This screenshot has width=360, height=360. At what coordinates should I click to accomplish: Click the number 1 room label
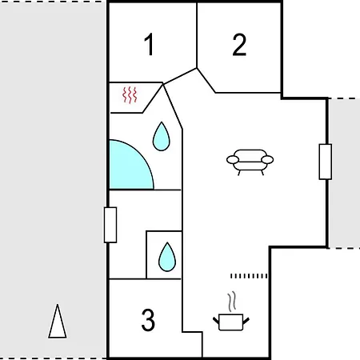coord(150,44)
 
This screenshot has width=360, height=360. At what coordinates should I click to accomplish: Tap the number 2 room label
coord(239,45)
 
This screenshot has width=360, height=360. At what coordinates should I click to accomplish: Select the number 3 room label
coord(148,320)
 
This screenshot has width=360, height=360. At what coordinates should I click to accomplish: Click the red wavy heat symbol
coord(130,94)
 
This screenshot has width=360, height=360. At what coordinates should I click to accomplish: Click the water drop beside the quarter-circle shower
coord(161,136)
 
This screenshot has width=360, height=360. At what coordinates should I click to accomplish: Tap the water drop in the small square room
coord(167,257)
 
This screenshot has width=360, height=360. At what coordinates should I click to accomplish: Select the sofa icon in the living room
coord(250,162)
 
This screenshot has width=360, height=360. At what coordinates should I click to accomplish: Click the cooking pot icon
coord(231,322)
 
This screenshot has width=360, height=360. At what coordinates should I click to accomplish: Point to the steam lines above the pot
coord(232,302)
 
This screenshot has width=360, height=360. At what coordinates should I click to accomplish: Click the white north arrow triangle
coord(58,321)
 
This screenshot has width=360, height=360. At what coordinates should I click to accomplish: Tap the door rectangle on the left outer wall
coord(110,225)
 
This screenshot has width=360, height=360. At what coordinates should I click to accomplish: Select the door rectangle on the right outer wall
coord(326,162)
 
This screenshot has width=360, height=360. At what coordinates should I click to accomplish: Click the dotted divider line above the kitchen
coord(249,276)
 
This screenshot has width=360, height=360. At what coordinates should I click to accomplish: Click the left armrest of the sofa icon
coord(233,160)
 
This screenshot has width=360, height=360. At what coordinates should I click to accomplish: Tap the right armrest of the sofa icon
coord(267,160)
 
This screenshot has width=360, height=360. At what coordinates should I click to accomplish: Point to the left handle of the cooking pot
coord(216,320)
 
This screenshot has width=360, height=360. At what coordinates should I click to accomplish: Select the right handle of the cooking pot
coord(246,321)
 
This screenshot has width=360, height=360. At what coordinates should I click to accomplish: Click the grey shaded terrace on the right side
coord(344,174)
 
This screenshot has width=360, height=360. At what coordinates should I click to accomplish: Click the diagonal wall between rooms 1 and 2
coord(180,76)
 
